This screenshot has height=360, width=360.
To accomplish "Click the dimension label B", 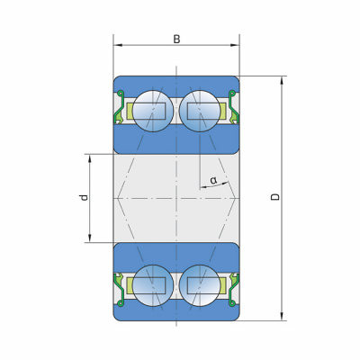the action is click(176, 39).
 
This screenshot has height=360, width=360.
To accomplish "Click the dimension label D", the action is click(275, 197).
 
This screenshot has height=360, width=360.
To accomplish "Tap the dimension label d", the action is click(84, 197).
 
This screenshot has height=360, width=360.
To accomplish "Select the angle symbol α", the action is click(213, 180).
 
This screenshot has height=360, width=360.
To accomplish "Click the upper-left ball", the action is click(153, 111).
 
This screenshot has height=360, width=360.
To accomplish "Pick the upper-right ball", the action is click(200, 111).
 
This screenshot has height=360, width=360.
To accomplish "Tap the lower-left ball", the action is click(153, 285).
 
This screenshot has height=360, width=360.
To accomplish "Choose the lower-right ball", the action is click(200, 285).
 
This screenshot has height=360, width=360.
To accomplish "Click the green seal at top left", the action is click(120, 107).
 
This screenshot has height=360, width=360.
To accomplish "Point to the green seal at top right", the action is click(233, 107).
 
